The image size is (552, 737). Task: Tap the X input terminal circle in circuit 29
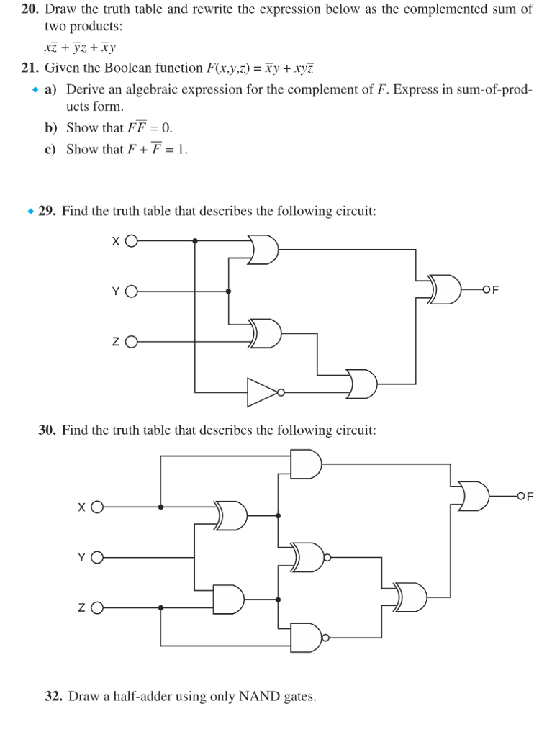[x=131, y=241]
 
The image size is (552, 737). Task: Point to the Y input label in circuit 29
[x=115, y=291]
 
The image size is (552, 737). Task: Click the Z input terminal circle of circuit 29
[x=131, y=342]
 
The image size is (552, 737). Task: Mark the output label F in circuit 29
[x=494, y=290]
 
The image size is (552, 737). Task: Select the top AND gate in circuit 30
[x=305, y=464]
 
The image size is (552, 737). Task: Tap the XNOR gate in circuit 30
[x=308, y=556]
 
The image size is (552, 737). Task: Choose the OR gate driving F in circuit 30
[x=474, y=496]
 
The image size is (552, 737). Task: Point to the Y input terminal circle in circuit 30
[x=96, y=557]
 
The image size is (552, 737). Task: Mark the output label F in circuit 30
[x=530, y=496]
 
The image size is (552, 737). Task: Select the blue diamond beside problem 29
[x=30, y=212]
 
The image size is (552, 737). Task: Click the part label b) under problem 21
[x=51, y=128]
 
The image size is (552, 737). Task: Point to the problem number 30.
[x=47, y=430]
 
